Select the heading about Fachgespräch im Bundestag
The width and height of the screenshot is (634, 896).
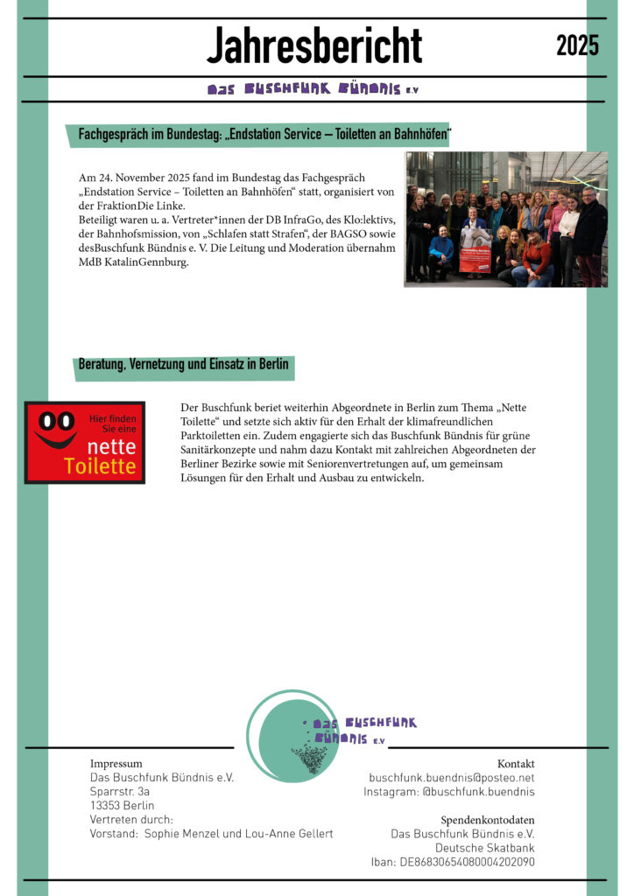[264, 135]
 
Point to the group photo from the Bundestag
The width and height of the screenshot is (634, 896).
[505, 219]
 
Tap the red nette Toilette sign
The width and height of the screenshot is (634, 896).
[84, 442]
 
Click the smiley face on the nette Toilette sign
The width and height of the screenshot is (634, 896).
[54, 429]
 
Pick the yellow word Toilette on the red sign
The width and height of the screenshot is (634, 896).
[100, 467]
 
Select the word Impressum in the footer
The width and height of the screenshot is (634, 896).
[116, 764]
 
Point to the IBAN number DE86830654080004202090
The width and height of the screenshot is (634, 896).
[468, 862]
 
